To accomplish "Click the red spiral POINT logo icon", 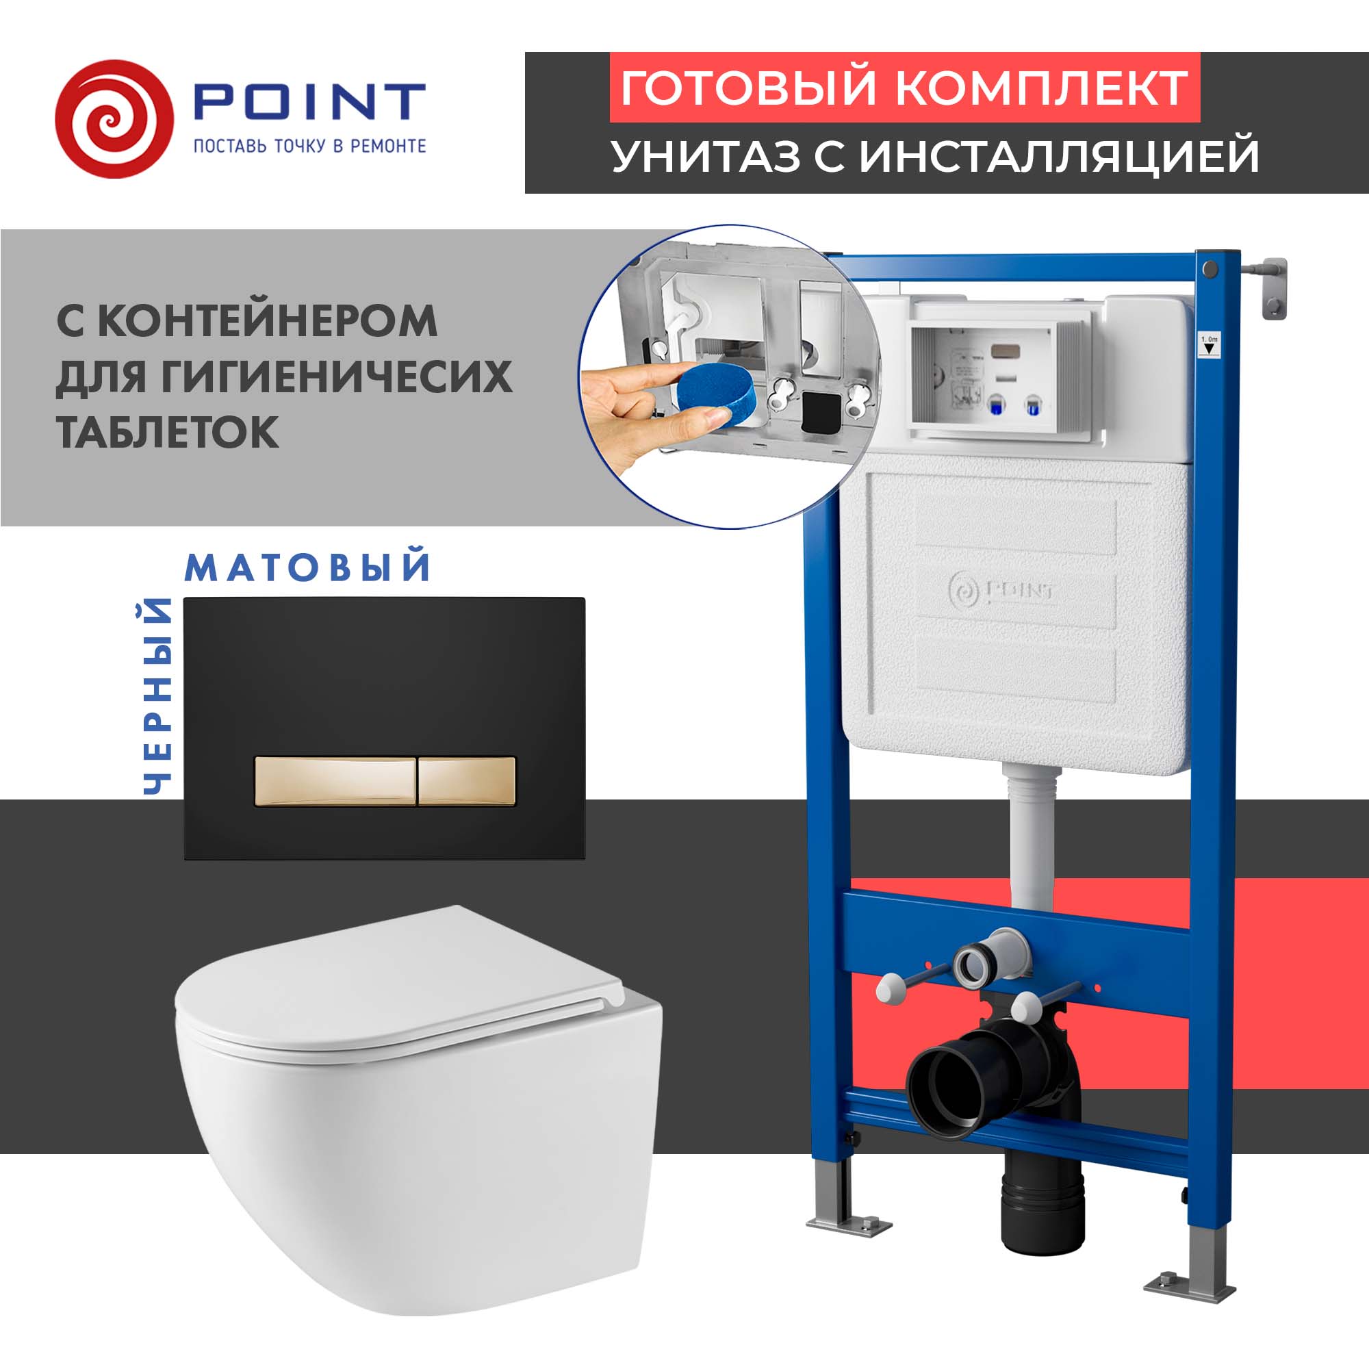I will coord(114,119).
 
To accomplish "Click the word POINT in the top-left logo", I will coord(309,101).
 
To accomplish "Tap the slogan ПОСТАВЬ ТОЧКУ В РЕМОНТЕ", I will coord(309,146).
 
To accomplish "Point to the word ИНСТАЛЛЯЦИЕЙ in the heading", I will coord(1060,156).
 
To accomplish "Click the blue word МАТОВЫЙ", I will coord(308,568).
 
